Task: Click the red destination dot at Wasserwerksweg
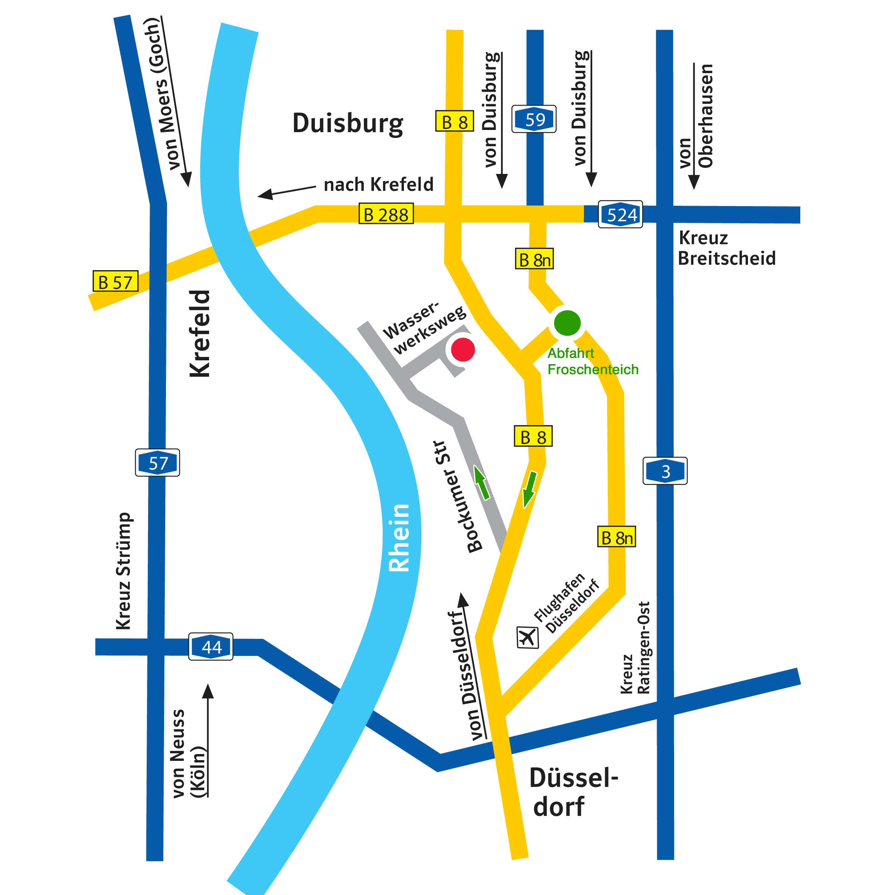point(463,350)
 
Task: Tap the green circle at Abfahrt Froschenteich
point(567,323)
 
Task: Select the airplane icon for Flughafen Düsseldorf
point(527,638)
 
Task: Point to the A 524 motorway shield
point(620,214)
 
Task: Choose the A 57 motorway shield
point(158,463)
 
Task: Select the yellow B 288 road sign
point(386,214)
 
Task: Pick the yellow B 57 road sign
point(115,282)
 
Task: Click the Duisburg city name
point(347,123)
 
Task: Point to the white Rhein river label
point(399,538)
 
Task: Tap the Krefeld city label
point(200,333)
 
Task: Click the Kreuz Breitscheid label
point(726,248)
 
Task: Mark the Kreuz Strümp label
point(124,571)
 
